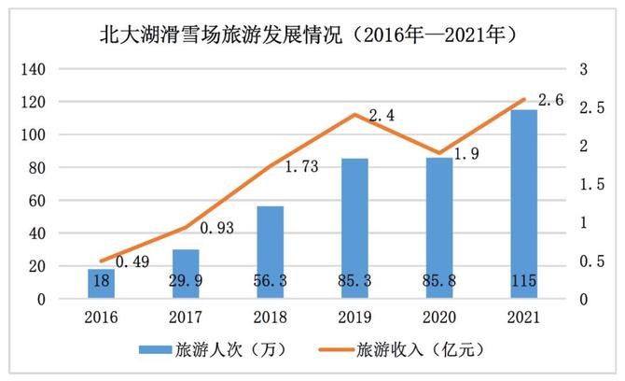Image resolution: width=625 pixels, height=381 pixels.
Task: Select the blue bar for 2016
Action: point(101,284)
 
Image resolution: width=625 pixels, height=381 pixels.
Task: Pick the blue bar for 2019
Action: point(354,229)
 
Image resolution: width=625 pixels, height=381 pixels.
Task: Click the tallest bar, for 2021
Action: point(524,204)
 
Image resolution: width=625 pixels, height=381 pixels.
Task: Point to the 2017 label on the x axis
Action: point(186,317)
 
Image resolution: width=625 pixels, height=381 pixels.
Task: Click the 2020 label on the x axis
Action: point(439,317)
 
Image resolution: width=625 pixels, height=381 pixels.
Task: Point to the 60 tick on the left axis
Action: point(36,201)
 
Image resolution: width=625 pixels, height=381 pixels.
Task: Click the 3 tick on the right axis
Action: point(583,69)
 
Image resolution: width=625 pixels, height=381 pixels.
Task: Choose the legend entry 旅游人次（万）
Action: point(219,350)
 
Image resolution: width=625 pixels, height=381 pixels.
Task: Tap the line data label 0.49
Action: point(133,263)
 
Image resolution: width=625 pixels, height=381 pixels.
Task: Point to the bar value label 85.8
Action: point(439,280)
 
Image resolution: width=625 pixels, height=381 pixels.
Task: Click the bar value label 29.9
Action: point(186,280)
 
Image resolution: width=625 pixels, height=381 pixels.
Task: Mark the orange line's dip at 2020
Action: point(439,152)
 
